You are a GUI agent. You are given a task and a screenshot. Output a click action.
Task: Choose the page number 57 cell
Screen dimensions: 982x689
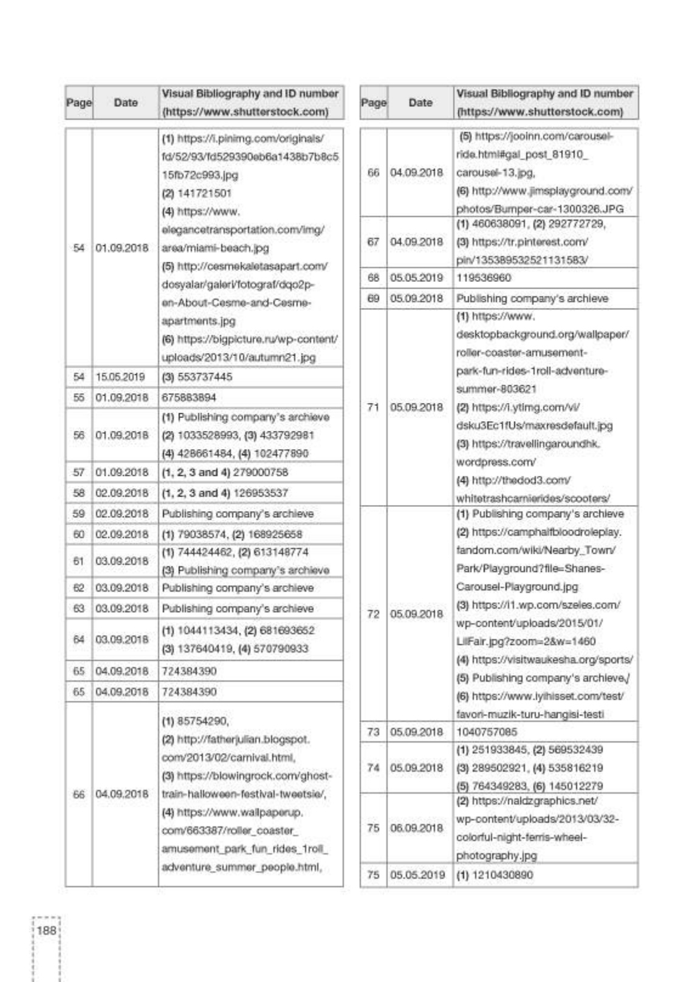point(78,472)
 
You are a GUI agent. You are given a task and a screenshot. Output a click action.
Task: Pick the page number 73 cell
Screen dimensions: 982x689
point(373,732)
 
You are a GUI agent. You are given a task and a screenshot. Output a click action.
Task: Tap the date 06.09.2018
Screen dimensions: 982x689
point(417,828)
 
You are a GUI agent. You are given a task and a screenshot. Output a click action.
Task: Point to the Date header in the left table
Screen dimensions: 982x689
point(125,102)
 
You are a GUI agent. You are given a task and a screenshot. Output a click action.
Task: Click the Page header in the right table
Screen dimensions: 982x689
point(373,102)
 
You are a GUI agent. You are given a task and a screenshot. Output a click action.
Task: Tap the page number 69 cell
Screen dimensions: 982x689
point(373,298)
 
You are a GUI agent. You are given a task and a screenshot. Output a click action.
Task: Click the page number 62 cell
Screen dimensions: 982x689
point(78,588)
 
